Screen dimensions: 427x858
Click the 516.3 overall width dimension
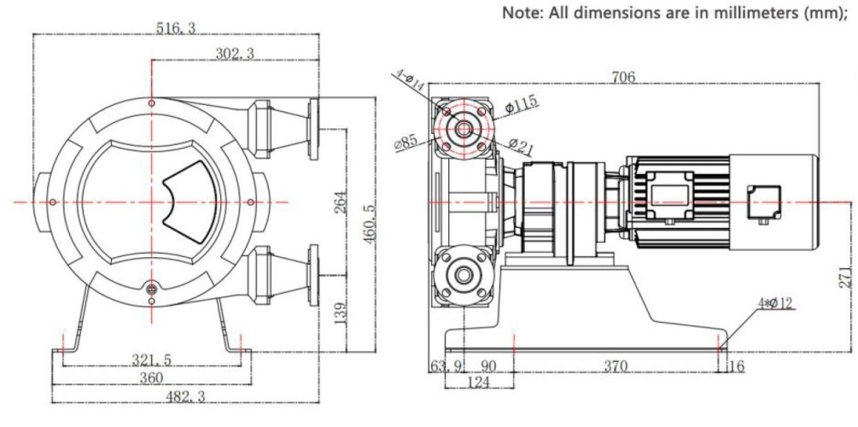(175, 28)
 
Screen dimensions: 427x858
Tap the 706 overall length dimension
(623, 77)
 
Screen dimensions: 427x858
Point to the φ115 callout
(521, 104)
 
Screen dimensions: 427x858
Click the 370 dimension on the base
(615, 366)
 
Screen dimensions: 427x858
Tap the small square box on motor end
(764, 202)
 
